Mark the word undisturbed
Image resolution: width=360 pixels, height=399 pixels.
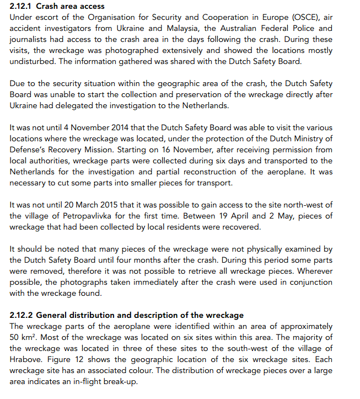tap(32, 61)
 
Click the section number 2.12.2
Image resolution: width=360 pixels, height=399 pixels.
tap(21, 315)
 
